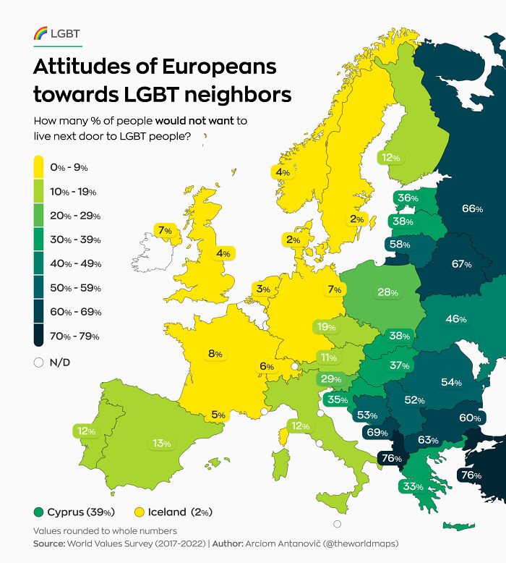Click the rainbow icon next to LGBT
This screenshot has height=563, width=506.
tap(41, 33)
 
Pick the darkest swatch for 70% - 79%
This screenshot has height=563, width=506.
tap(39, 336)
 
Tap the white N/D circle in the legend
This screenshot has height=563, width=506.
tap(39, 363)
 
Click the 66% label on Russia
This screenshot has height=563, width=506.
tap(472, 208)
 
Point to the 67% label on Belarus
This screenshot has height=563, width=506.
tap(461, 264)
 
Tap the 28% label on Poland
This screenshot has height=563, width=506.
tap(388, 292)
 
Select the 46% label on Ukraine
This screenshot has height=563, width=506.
tap(455, 319)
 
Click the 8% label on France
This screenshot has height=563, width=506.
tap(215, 354)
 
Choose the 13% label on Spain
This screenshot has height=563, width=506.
tap(161, 443)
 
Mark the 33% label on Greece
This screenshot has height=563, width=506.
tap(413, 486)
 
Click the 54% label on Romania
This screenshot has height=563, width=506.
tap(451, 381)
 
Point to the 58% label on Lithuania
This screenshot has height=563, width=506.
tap(400, 245)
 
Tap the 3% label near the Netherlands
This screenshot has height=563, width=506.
tap(262, 289)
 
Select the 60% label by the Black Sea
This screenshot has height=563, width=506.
tap(470, 418)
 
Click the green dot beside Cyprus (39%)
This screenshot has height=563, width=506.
tap(38, 512)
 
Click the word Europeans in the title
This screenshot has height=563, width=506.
tap(218, 67)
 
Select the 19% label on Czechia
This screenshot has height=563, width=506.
tap(327, 328)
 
